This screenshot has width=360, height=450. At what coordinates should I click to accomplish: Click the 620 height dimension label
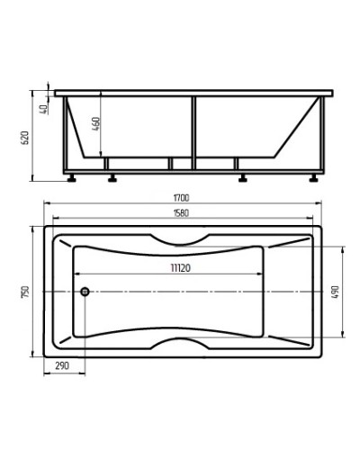pos(26,137)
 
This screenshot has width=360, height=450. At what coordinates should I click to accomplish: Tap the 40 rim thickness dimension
pos(43,109)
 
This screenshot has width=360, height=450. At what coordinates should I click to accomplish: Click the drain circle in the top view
pos(84,291)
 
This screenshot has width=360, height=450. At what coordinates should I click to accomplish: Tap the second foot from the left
pos(113,177)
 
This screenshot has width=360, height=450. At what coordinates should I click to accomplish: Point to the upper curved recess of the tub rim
pos(180,241)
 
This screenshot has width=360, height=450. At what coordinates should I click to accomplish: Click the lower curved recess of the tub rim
pos(180,341)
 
